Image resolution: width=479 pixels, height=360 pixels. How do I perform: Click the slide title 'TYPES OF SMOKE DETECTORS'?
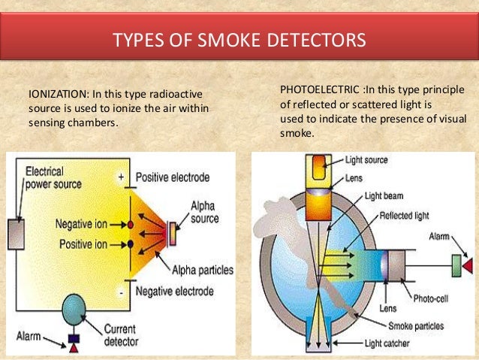(x=239, y=38)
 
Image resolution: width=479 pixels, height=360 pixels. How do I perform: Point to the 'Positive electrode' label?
(x=172, y=177)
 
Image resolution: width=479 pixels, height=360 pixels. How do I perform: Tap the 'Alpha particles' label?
(x=202, y=269)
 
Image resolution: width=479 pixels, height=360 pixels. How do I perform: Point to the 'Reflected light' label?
(x=404, y=215)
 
